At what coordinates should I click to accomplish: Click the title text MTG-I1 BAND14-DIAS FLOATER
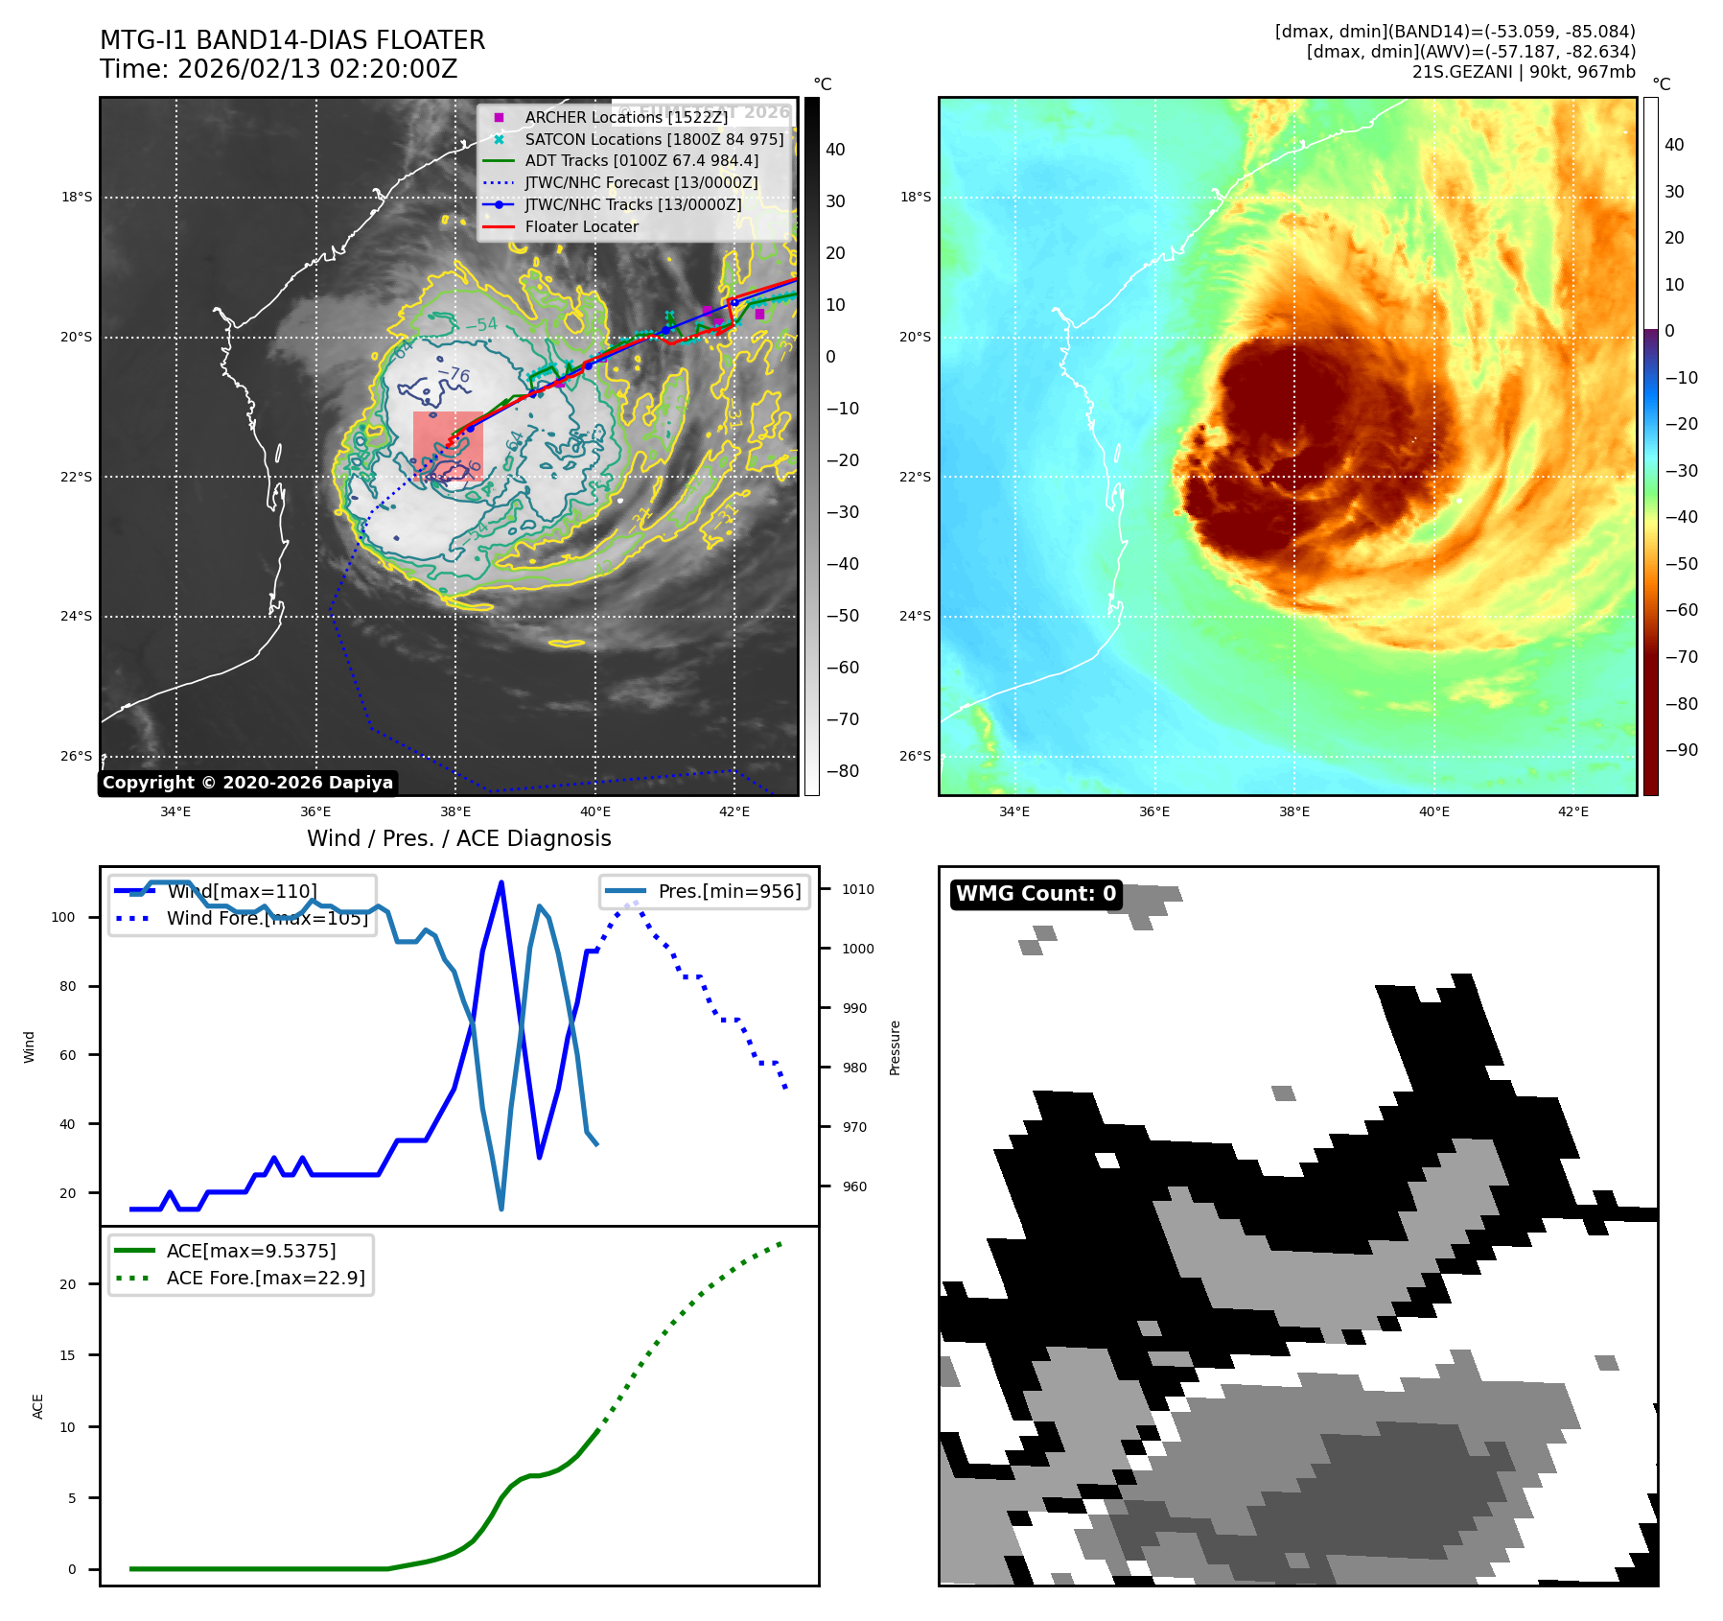click(x=292, y=40)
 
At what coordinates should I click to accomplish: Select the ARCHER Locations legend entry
click(x=625, y=117)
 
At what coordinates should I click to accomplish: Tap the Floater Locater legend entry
click(x=581, y=226)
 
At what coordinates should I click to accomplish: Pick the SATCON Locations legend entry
click(x=654, y=139)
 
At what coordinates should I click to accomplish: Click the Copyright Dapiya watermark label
click(x=247, y=783)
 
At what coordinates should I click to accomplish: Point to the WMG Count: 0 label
click(x=1036, y=894)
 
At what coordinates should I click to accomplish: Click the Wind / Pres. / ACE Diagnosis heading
click(x=458, y=838)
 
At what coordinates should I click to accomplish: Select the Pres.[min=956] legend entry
click(x=729, y=891)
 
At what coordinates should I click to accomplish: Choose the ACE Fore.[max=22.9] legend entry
click(x=266, y=1278)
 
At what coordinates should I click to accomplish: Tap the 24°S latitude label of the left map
click(x=77, y=616)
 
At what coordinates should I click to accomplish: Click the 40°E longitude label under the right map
click(x=1433, y=811)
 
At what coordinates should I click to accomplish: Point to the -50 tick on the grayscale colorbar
click(x=843, y=616)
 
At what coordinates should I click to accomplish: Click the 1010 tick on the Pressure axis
click(x=858, y=889)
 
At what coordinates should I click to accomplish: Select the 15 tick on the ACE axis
click(x=67, y=1355)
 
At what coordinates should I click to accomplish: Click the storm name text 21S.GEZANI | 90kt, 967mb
click(x=1524, y=72)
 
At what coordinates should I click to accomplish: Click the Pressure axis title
click(x=895, y=1047)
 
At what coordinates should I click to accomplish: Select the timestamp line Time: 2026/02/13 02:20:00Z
click(x=278, y=69)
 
